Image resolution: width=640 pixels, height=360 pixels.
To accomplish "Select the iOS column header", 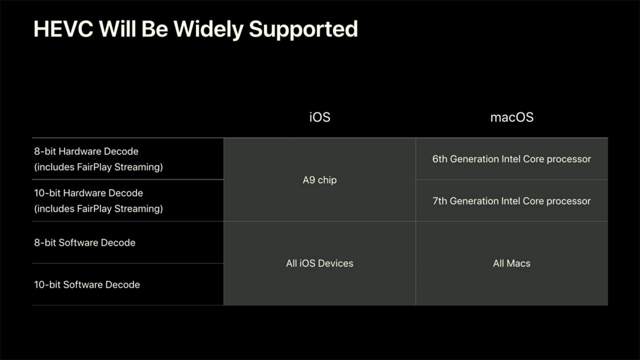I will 319,117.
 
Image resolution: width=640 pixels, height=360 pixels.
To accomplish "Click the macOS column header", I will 511,117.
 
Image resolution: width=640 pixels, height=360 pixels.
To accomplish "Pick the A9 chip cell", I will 319,180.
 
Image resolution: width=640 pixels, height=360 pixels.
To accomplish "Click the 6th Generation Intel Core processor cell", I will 511,159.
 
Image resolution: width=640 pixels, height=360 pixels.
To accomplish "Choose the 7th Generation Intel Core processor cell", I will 511,201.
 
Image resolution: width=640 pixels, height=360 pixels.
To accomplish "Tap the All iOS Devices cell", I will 319,263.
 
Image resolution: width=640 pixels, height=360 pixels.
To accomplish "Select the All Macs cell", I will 511,263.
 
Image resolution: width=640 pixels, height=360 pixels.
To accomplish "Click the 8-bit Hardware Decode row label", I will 86,151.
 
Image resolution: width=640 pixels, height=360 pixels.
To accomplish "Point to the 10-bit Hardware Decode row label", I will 89,193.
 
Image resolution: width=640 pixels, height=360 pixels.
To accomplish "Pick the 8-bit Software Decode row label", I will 85,243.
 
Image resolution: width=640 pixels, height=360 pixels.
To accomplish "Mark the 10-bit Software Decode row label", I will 87,284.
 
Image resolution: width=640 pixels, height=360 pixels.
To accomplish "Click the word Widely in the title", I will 212,29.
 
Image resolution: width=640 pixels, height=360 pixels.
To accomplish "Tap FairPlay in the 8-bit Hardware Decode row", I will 97,167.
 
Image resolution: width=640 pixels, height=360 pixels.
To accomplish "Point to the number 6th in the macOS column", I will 440,159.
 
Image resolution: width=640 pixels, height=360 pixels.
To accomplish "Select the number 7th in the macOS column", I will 440,201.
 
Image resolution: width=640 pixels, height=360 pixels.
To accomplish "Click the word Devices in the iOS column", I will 335,263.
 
